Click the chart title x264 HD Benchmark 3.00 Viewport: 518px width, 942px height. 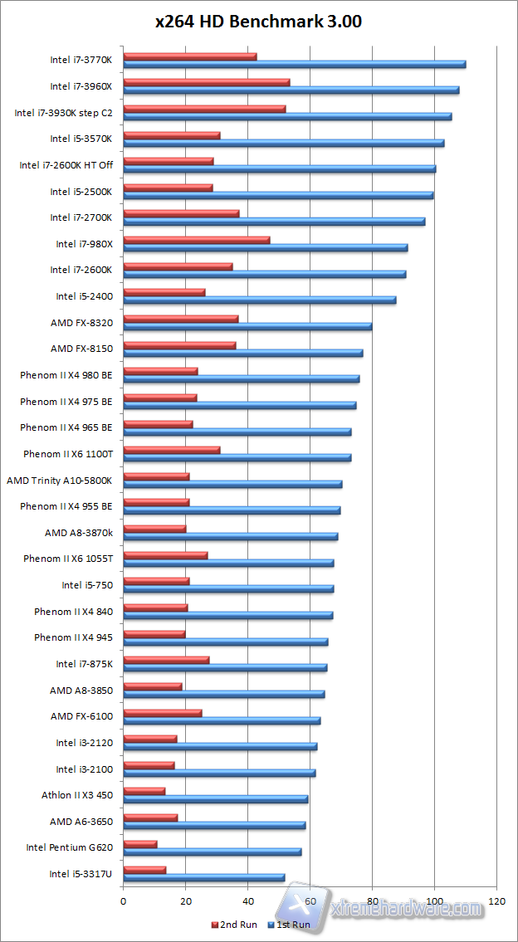[x=259, y=22]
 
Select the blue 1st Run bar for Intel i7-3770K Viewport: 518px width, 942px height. [x=294, y=64]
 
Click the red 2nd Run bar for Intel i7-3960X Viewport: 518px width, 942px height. [x=207, y=82]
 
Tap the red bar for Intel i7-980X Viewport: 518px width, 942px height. [x=197, y=240]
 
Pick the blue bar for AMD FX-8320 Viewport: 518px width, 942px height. [x=247, y=326]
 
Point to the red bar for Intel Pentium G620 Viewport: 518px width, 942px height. [x=140, y=844]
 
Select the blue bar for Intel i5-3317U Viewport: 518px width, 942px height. [x=204, y=877]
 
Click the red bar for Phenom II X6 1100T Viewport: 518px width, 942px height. [x=172, y=450]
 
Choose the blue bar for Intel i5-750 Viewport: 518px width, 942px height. [x=228, y=588]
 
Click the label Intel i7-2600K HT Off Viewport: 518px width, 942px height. [x=66, y=165]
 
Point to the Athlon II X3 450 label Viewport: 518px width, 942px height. [x=77, y=795]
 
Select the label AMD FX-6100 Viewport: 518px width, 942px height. [x=81, y=716]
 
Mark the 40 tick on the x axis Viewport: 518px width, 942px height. [x=247, y=901]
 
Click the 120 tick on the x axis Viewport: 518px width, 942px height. [x=496, y=901]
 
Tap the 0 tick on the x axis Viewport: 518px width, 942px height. [x=123, y=901]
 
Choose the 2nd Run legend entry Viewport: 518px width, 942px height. [x=235, y=925]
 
